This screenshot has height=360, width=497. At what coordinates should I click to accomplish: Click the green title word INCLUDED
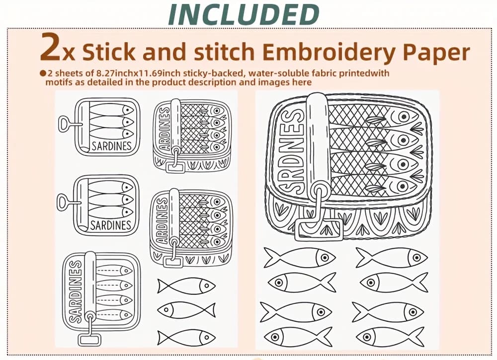pyautogui.click(x=244, y=14)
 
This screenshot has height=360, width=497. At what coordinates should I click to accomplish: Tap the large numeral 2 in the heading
pyautogui.click(x=50, y=47)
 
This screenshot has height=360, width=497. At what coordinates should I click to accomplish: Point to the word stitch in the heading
pyautogui.click(x=224, y=51)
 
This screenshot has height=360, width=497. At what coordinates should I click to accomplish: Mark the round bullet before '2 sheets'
pyautogui.click(x=43, y=73)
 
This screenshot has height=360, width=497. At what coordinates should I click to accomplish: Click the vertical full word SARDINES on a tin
pyautogui.click(x=76, y=291)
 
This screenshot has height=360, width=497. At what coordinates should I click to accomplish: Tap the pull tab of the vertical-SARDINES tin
pyautogui.click(x=89, y=340)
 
